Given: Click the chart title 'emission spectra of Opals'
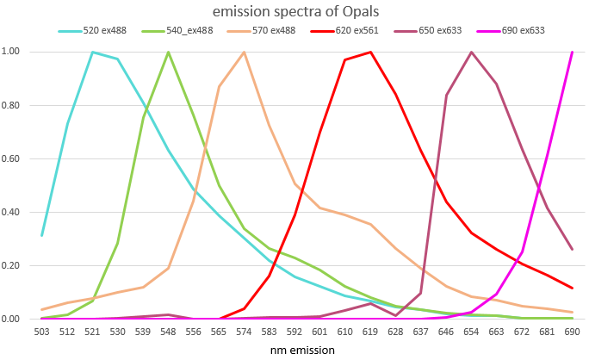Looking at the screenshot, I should [294, 11].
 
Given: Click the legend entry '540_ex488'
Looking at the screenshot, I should [184, 31].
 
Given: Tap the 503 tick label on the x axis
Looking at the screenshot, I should [41, 332].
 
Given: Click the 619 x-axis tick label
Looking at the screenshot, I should [370, 332].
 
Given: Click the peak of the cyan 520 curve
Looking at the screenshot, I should [92, 52].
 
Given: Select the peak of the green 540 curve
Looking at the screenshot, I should [168, 52].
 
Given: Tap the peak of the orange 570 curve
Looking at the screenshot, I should [244, 52].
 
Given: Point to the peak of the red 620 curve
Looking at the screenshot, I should [370, 52].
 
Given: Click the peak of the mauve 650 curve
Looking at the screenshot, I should [472, 52].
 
